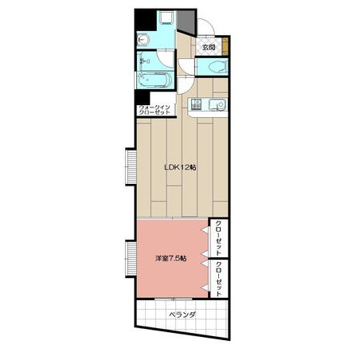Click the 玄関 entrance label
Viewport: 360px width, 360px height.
tap(209, 48)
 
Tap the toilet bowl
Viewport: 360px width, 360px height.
tap(218, 67)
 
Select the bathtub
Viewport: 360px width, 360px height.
tap(155, 80)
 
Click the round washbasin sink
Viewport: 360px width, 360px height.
tap(143, 41)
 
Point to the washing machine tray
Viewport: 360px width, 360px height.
tap(166, 18)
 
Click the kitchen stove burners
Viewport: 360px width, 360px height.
tap(196, 104)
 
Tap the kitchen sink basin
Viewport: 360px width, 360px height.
tap(217, 104)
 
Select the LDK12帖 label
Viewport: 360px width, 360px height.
tap(181, 167)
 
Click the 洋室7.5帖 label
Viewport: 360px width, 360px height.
tap(171, 258)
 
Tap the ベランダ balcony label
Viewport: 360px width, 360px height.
tap(182, 315)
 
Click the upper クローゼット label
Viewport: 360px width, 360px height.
tap(219, 237)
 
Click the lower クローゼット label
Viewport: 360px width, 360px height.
tap(219, 279)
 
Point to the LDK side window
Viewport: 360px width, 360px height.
tap(131, 166)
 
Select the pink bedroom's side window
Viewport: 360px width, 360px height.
tap(131, 259)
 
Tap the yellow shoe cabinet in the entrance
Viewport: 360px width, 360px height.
tap(225, 46)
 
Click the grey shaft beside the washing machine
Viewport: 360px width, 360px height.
tap(186, 22)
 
